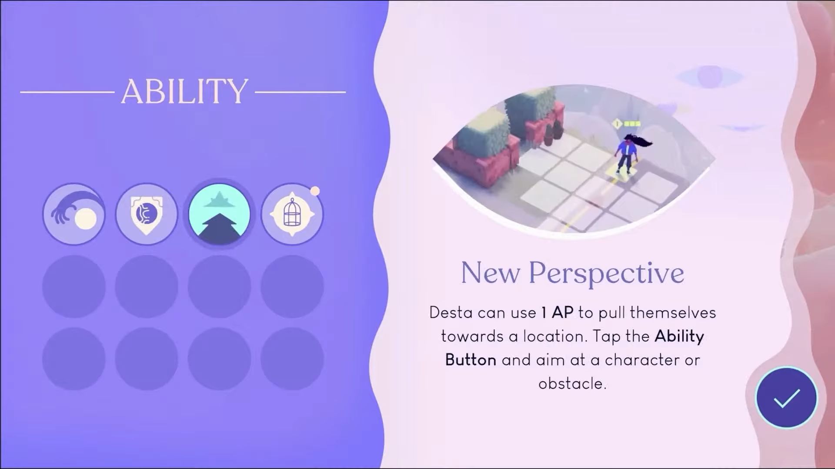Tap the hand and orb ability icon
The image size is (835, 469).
(x=74, y=214)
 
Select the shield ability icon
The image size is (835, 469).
(x=147, y=214)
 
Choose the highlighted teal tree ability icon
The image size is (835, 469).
(x=219, y=214)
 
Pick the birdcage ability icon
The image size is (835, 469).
(x=292, y=214)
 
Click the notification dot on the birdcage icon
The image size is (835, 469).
(x=315, y=191)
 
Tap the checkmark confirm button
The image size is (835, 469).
(x=786, y=397)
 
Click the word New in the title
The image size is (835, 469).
(x=490, y=273)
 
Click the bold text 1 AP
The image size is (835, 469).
(x=557, y=313)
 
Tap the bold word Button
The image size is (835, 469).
(x=471, y=360)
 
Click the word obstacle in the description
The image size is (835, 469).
(x=572, y=384)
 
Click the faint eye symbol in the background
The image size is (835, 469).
(x=710, y=76)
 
